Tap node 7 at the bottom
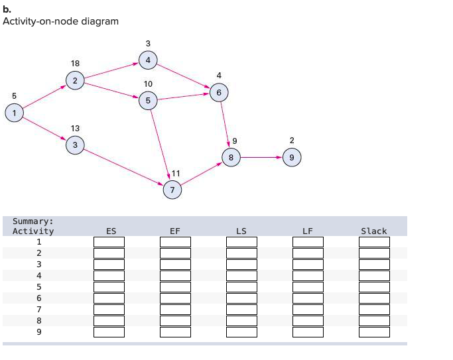coord(172,189)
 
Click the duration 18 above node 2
coord(75,63)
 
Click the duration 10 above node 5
coord(148,84)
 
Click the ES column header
coord(111,231)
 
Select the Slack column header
coord(373,231)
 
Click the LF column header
coord(307,231)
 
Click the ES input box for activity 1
coord(109,242)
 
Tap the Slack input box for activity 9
coord(374,332)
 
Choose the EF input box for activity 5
coord(175,287)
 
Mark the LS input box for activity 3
coord(241,265)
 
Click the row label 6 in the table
coord(38,298)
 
